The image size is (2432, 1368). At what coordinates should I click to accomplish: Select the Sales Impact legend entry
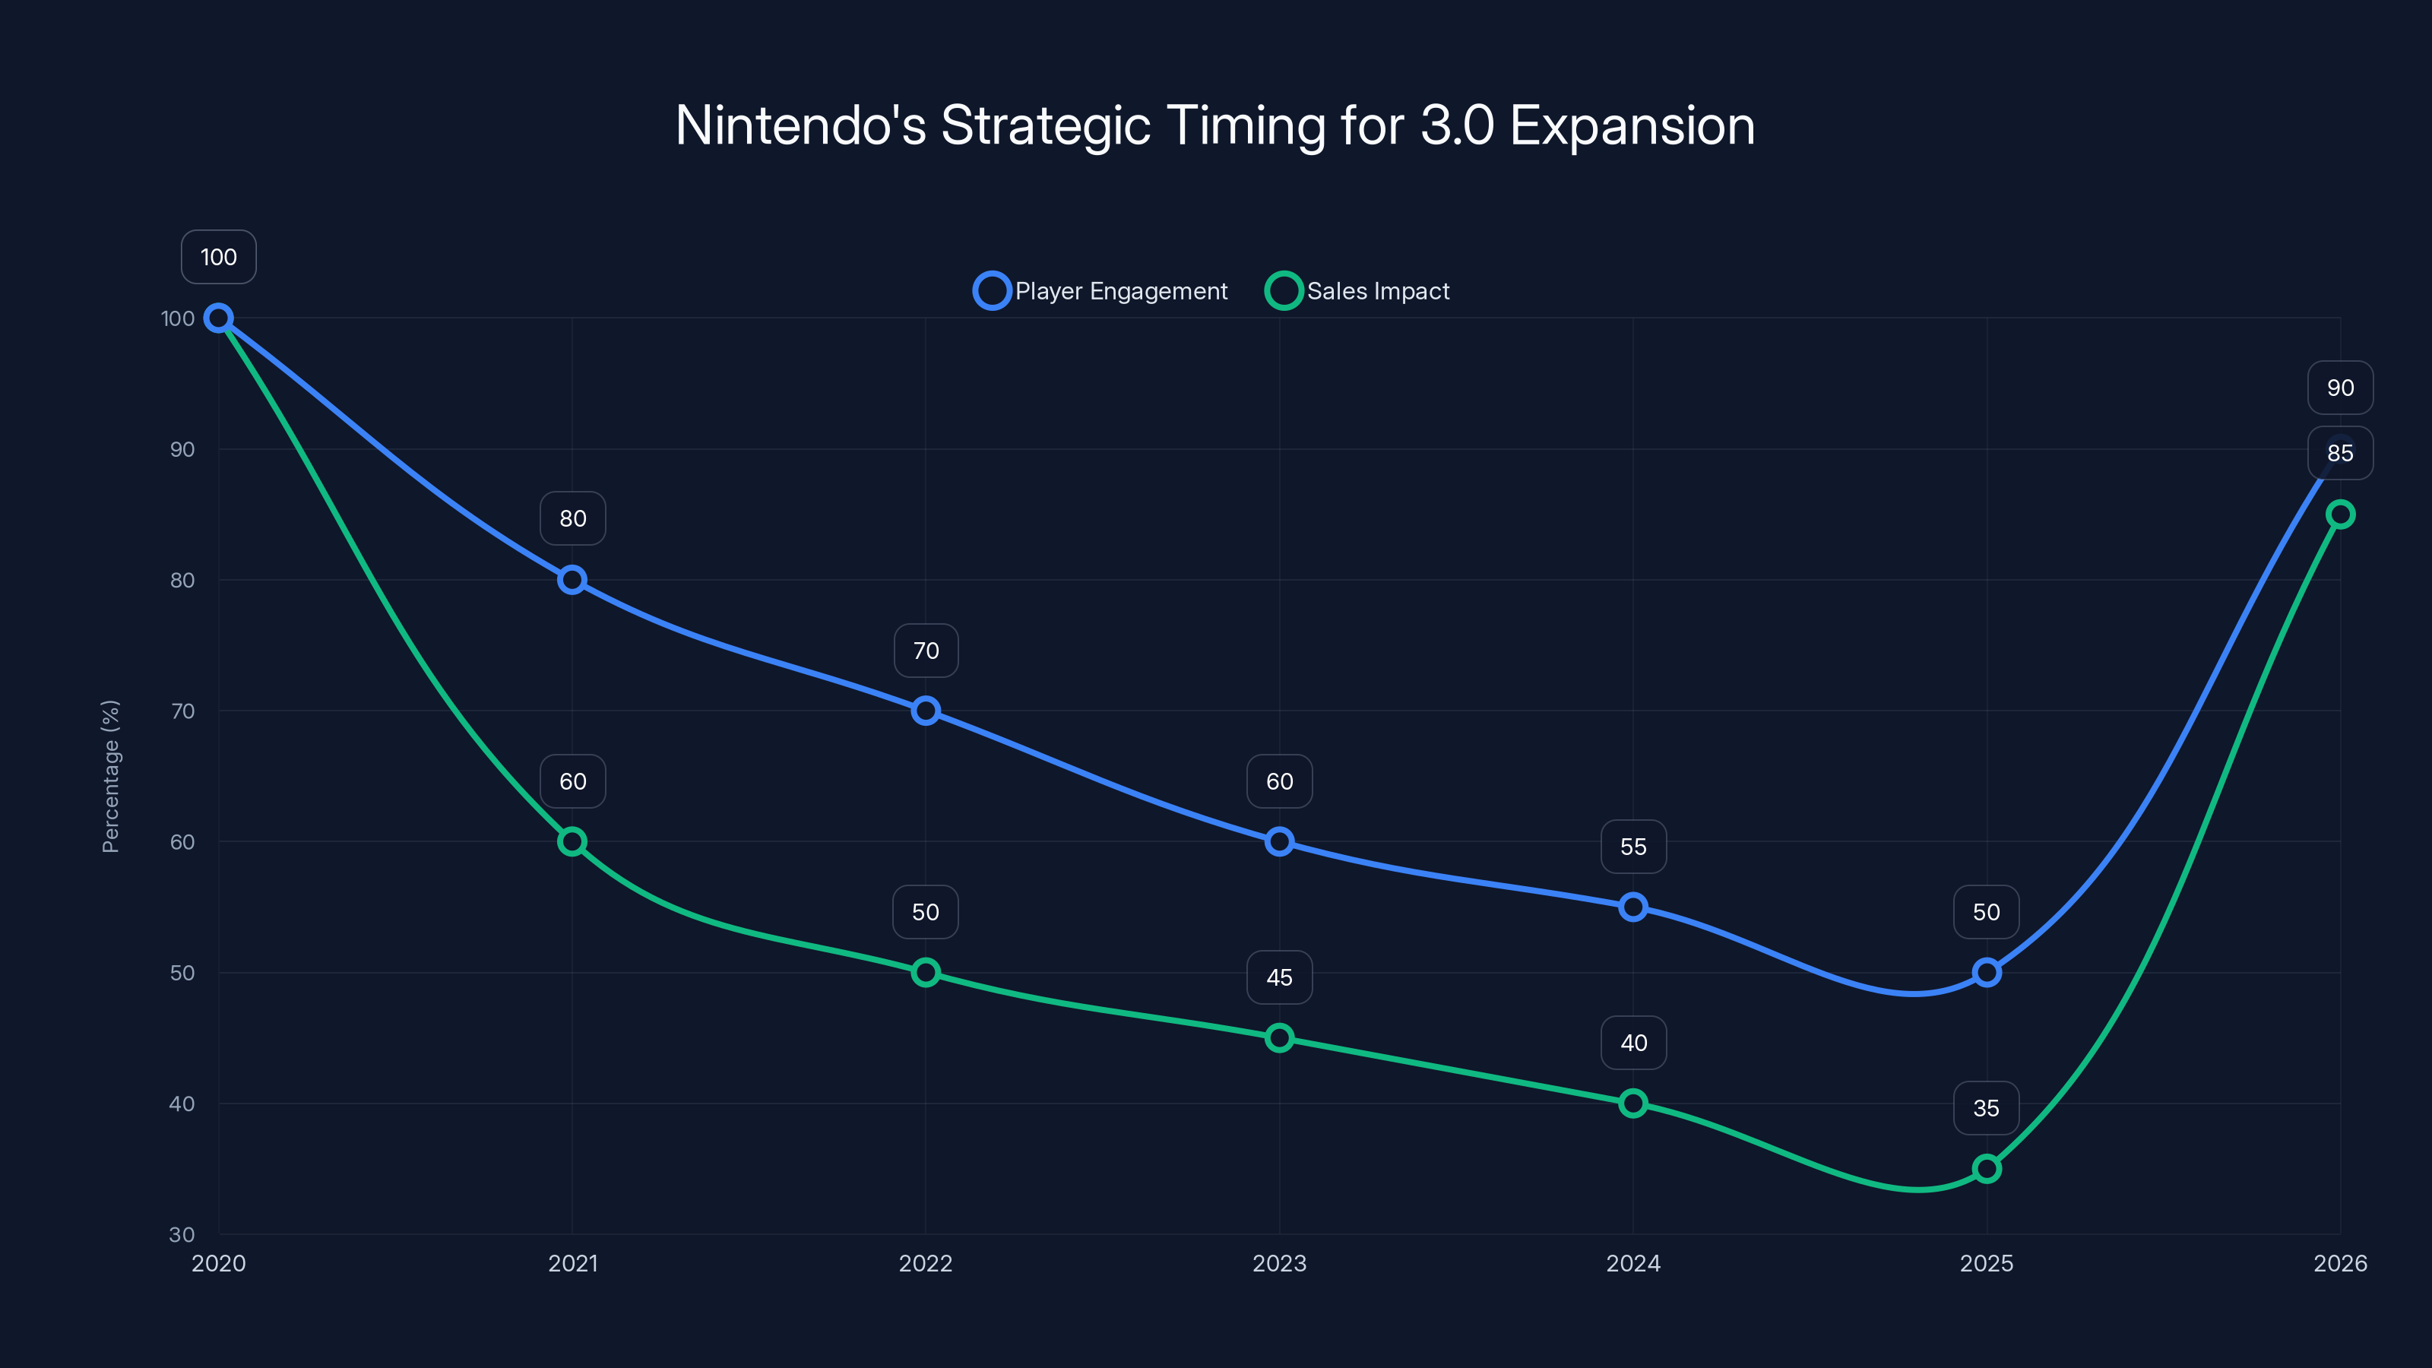click(1357, 291)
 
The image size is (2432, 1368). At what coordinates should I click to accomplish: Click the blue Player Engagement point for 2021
click(572, 580)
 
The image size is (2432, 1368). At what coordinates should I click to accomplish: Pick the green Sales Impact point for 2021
click(572, 841)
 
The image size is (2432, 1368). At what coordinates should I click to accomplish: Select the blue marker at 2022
click(925, 711)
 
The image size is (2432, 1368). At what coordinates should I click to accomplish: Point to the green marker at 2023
click(1279, 1037)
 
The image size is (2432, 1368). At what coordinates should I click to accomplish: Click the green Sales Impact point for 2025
click(1987, 1169)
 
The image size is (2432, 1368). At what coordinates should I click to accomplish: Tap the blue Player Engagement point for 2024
click(1633, 907)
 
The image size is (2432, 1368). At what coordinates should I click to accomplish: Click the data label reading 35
click(1987, 1108)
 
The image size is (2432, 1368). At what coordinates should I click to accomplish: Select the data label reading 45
click(1279, 977)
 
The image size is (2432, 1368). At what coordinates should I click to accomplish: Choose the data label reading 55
click(1633, 847)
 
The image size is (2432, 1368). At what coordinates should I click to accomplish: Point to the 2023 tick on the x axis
click(1279, 1263)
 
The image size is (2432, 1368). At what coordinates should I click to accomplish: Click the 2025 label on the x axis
click(1987, 1263)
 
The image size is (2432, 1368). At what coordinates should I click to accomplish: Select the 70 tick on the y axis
click(182, 711)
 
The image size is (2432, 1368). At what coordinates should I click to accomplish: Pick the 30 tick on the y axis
click(182, 1234)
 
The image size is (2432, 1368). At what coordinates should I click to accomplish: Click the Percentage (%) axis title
click(110, 776)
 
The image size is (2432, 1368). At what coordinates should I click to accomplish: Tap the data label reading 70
click(925, 651)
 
